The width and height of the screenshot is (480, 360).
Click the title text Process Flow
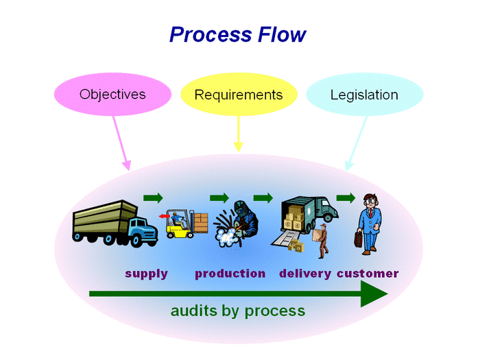coord(237,34)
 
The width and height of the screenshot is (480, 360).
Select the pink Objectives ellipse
coord(112,94)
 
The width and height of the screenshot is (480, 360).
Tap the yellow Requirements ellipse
coord(238,95)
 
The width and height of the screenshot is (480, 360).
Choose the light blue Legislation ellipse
coord(363,95)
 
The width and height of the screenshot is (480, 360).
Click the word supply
coord(146,274)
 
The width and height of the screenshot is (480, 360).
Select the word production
coord(230,274)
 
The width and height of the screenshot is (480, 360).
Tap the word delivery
coord(305,274)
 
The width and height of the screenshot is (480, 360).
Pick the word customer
coord(368,274)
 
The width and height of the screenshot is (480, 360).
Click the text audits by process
coord(237,311)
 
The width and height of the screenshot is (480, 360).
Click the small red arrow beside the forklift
coord(163,217)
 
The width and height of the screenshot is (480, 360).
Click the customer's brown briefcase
coord(358,239)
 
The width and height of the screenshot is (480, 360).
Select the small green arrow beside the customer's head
coord(346,198)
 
